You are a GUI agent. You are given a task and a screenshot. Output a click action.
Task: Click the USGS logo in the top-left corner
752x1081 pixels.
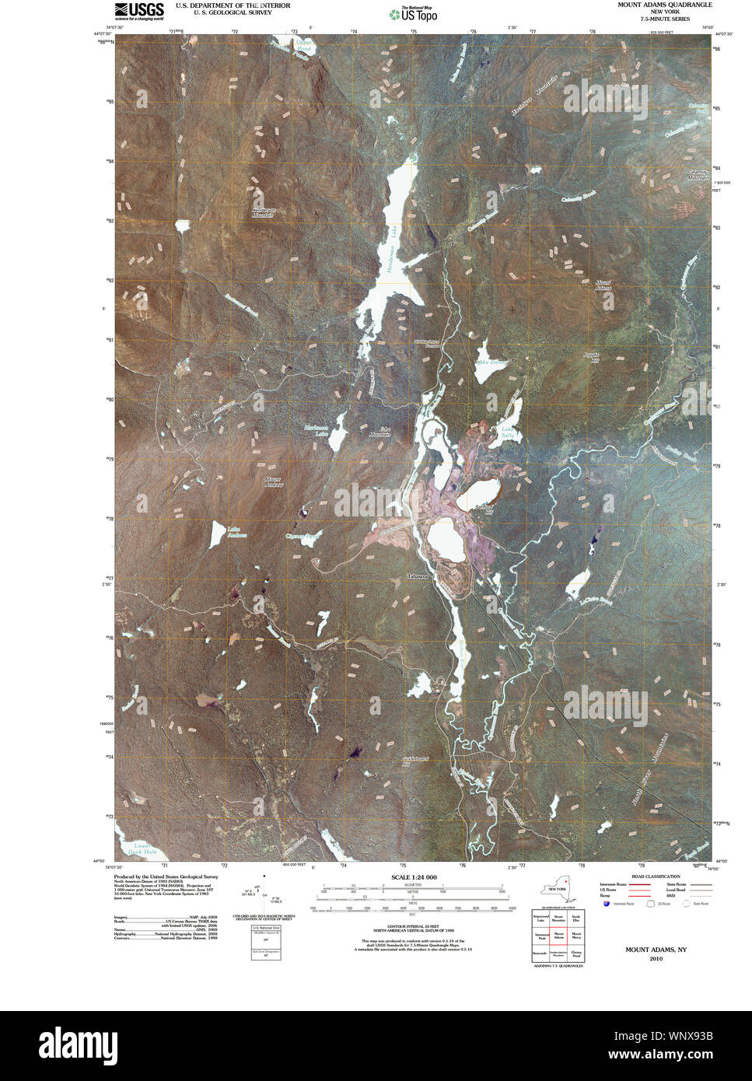coord(139,10)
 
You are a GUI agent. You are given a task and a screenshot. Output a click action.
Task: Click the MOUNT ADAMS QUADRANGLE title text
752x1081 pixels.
coord(664,5)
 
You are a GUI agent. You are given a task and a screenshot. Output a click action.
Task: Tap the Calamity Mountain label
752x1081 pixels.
coord(698,175)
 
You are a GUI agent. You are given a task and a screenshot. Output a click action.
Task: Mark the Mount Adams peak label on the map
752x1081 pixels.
coord(603,285)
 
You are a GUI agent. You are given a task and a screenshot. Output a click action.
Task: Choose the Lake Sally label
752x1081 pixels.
coord(509,432)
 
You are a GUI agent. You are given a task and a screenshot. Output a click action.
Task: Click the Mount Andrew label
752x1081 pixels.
coord(274,482)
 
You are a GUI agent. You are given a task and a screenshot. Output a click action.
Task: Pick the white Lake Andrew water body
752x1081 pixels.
coord(216,534)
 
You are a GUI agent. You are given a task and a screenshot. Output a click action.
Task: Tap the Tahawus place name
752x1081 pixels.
coord(418,577)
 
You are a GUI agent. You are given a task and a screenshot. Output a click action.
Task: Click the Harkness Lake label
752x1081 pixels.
coord(316,431)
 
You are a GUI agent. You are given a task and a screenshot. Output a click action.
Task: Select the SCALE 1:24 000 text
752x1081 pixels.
coord(408,877)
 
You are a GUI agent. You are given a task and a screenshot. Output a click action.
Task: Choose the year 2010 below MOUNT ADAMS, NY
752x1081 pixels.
coord(656,959)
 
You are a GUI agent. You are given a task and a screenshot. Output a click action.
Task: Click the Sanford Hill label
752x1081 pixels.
coord(484,509)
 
